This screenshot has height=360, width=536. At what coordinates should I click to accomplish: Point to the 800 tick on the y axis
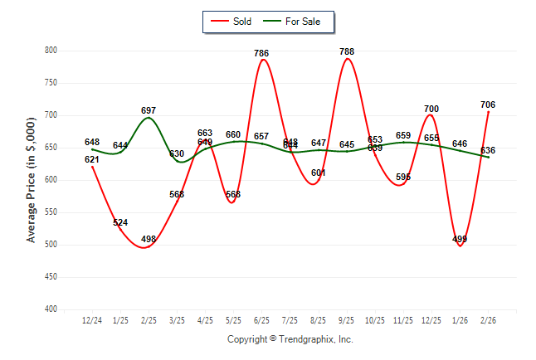pyautogui.click(x=51, y=51)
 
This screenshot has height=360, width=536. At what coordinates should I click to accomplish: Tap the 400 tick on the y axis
pyautogui.click(x=51, y=309)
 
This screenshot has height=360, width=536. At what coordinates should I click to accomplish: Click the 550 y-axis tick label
pyautogui.click(x=51, y=212)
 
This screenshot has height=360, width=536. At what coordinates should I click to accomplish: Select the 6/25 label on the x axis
pyautogui.click(x=261, y=319)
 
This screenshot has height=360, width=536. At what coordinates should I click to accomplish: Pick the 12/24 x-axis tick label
pyautogui.click(x=91, y=319)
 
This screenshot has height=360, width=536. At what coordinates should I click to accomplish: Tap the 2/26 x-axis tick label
pyautogui.click(x=489, y=319)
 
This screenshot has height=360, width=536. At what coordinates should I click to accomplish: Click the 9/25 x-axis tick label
pyautogui.click(x=347, y=319)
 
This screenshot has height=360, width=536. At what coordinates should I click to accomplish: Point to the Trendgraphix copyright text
pyautogui.click(x=290, y=339)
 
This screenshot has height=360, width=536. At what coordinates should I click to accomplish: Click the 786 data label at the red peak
pyautogui.click(x=261, y=53)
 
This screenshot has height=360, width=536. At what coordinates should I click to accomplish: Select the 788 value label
pyautogui.click(x=347, y=52)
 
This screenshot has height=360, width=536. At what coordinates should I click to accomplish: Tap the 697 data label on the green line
pyautogui.click(x=149, y=110)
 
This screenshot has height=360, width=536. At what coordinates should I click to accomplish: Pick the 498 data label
pyautogui.click(x=149, y=239)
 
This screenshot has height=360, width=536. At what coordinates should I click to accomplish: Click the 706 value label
pyautogui.click(x=488, y=105)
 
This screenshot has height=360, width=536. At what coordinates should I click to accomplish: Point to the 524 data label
pyautogui.click(x=120, y=222)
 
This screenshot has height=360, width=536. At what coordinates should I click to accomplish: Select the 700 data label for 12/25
pyautogui.click(x=431, y=109)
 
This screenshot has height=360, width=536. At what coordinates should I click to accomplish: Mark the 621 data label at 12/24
pyautogui.click(x=91, y=159)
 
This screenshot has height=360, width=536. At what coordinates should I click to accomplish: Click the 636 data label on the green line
pyautogui.click(x=488, y=150)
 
